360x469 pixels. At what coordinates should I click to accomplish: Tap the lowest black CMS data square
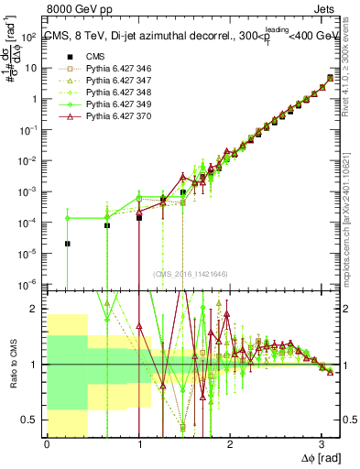[x=67, y=244]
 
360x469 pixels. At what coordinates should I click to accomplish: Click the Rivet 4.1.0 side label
[x=353, y=64]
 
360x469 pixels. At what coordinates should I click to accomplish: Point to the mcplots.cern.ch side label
[x=353, y=211]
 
